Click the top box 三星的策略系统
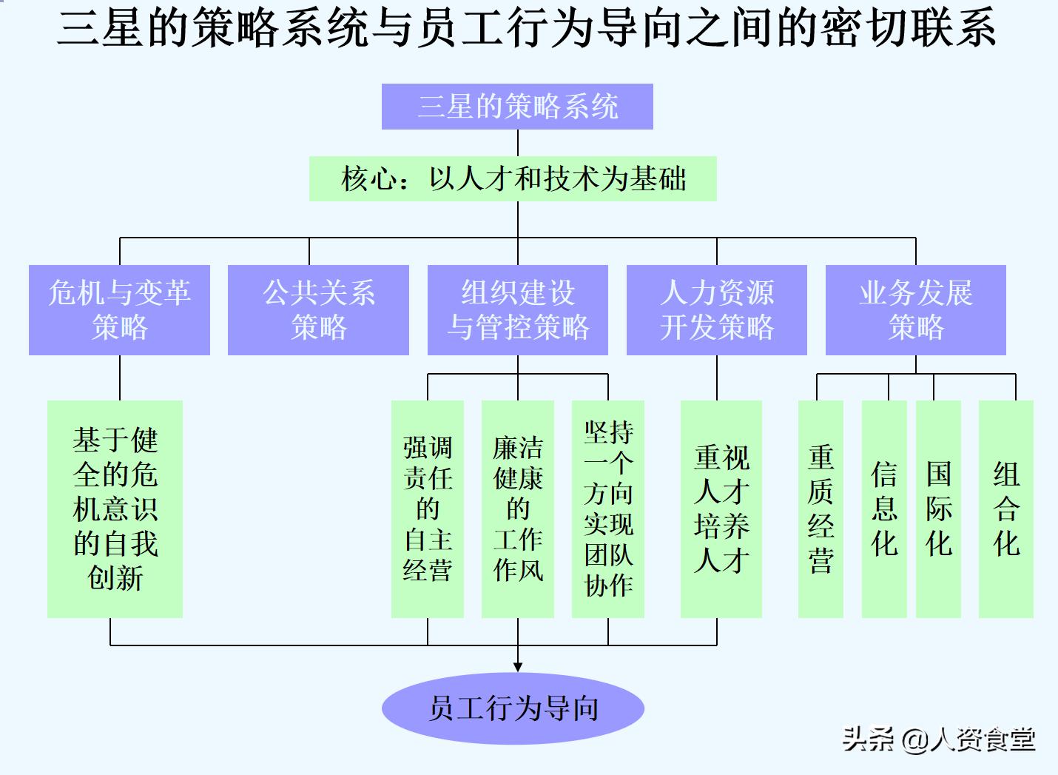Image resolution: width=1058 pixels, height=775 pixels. coord(517,107)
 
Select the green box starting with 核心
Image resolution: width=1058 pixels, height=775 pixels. coord(513,178)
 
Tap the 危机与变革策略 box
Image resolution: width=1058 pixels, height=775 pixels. coord(119,310)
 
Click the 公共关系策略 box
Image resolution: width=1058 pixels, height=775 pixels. coord(318,310)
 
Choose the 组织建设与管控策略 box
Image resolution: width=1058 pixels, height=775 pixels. coord(518,310)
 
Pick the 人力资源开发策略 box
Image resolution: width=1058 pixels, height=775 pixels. coord(716,310)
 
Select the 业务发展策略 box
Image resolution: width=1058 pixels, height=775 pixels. coord(915,310)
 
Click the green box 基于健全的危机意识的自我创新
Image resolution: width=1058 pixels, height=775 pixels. coord(115,509)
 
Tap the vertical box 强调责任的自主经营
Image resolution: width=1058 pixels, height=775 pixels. coord(427,509)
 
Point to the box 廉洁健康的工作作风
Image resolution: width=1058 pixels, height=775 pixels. coord(517,509)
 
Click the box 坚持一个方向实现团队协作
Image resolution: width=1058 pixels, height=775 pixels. coord(607,509)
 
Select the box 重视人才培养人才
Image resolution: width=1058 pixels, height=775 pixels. coord(721,509)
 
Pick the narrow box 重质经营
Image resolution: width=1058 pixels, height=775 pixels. coord(821,509)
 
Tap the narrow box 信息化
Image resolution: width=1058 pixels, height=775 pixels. coord(884,509)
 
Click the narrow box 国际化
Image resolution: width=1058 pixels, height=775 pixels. coord(938,509)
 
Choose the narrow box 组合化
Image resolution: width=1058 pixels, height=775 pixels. coord(1005,509)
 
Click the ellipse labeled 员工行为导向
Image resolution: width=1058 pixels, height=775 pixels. coord(513,708)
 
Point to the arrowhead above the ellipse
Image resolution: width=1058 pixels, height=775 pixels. coord(518,666)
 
